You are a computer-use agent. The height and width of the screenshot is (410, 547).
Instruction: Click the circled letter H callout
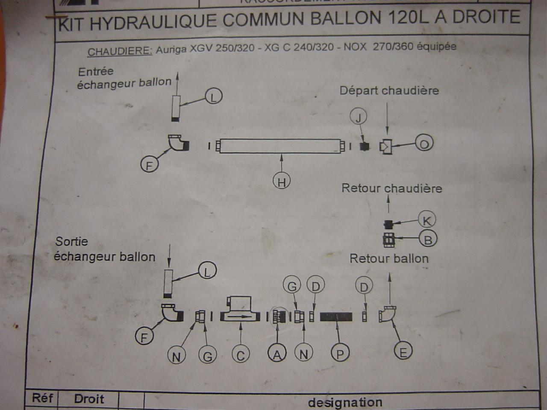[x=281, y=182]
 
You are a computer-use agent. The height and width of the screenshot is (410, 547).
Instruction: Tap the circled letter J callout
[x=359, y=116]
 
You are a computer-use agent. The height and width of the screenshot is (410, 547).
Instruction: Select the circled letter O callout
[x=424, y=144]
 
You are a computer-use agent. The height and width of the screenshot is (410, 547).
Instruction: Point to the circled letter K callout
[x=426, y=220]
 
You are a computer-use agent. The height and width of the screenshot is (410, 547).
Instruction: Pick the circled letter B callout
[x=427, y=239]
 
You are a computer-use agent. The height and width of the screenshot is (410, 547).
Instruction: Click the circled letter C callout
[x=241, y=355]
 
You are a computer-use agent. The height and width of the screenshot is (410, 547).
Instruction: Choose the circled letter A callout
[x=277, y=354]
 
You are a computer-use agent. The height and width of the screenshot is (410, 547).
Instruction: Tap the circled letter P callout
[x=340, y=354]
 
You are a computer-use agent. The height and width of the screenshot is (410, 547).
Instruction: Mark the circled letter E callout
[x=403, y=352]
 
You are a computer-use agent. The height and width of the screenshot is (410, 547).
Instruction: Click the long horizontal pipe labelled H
[x=280, y=146]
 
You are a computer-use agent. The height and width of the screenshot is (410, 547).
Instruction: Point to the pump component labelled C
[x=241, y=311]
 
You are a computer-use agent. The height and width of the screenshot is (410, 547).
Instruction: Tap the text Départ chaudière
[x=389, y=91]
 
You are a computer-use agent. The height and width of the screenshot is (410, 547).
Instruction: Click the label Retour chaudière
[x=391, y=188]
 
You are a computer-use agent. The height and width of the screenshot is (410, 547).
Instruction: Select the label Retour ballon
[x=389, y=258]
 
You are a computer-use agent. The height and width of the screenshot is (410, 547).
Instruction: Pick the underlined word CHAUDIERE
[x=120, y=51]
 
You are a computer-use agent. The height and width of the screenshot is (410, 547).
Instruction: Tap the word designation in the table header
[x=345, y=402]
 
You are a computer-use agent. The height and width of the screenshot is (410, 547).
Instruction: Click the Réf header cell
[x=42, y=398]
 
